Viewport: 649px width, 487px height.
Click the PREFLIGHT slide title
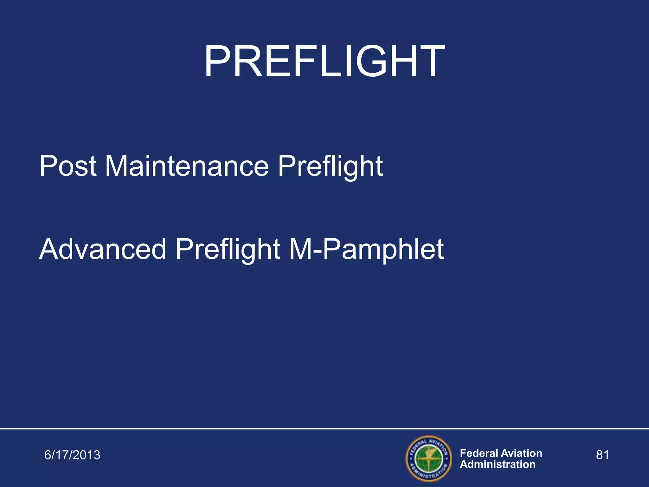coord(324,62)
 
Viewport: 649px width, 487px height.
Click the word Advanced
coord(103,249)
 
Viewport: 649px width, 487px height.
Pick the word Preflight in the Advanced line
coord(228,249)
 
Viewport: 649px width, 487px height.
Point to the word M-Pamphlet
coord(366,249)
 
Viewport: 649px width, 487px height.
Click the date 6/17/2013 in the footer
coord(72,455)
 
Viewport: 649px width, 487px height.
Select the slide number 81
coord(602,455)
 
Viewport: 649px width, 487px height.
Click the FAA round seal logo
coord(429,458)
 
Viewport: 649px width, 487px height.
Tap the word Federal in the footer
coord(479,453)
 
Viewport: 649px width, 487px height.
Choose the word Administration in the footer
coord(498,464)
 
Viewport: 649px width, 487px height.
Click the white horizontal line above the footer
coord(324,429)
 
